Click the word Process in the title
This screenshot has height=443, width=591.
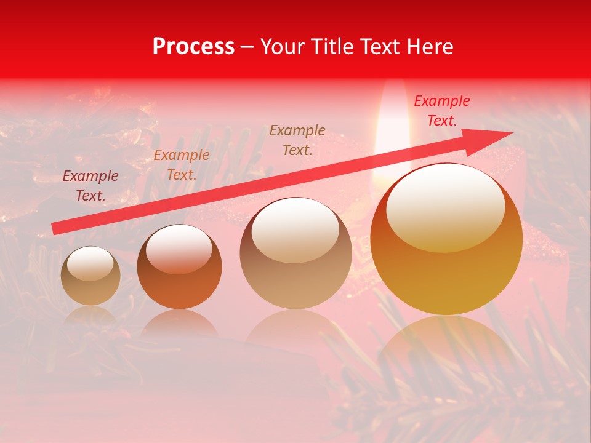(x=193, y=47)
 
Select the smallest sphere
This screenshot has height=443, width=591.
(x=90, y=276)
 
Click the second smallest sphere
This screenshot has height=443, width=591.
(x=179, y=266)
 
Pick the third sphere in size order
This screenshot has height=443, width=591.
(x=295, y=253)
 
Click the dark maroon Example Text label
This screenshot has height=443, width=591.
(x=90, y=186)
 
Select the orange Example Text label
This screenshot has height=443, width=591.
(x=182, y=164)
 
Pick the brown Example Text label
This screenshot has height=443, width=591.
(x=297, y=140)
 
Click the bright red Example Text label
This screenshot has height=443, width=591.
(x=441, y=111)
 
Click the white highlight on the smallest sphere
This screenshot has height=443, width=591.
(x=90, y=263)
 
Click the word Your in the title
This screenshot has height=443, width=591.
(x=281, y=47)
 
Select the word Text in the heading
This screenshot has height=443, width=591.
(x=376, y=47)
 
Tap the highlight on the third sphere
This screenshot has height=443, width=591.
(x=295, y=229)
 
